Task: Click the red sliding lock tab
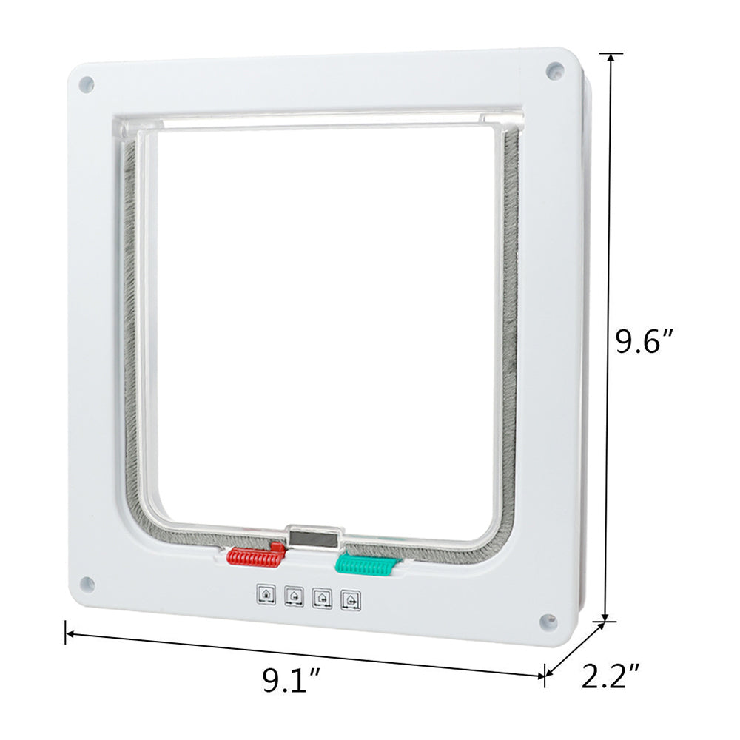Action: point(256,556)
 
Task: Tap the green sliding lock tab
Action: point(364,565)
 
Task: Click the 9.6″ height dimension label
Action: point(645,343)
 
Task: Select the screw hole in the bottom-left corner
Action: point(86,583)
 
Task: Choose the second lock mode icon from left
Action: point(294,595)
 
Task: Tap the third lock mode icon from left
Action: point(322,596)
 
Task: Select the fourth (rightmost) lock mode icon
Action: point(350,599)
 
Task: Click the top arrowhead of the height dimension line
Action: point(610,58)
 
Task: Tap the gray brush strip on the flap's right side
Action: point(509,333)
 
